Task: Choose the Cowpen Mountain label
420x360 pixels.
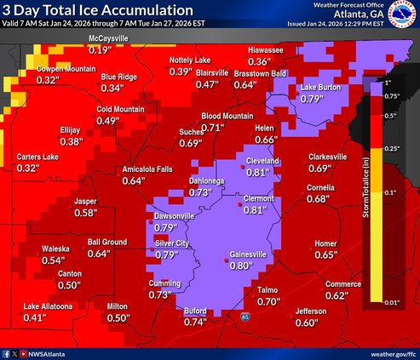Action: coord(43,68)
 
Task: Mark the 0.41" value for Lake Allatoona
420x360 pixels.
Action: coord(34,317)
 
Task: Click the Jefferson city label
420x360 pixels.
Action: coord(312,311)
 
